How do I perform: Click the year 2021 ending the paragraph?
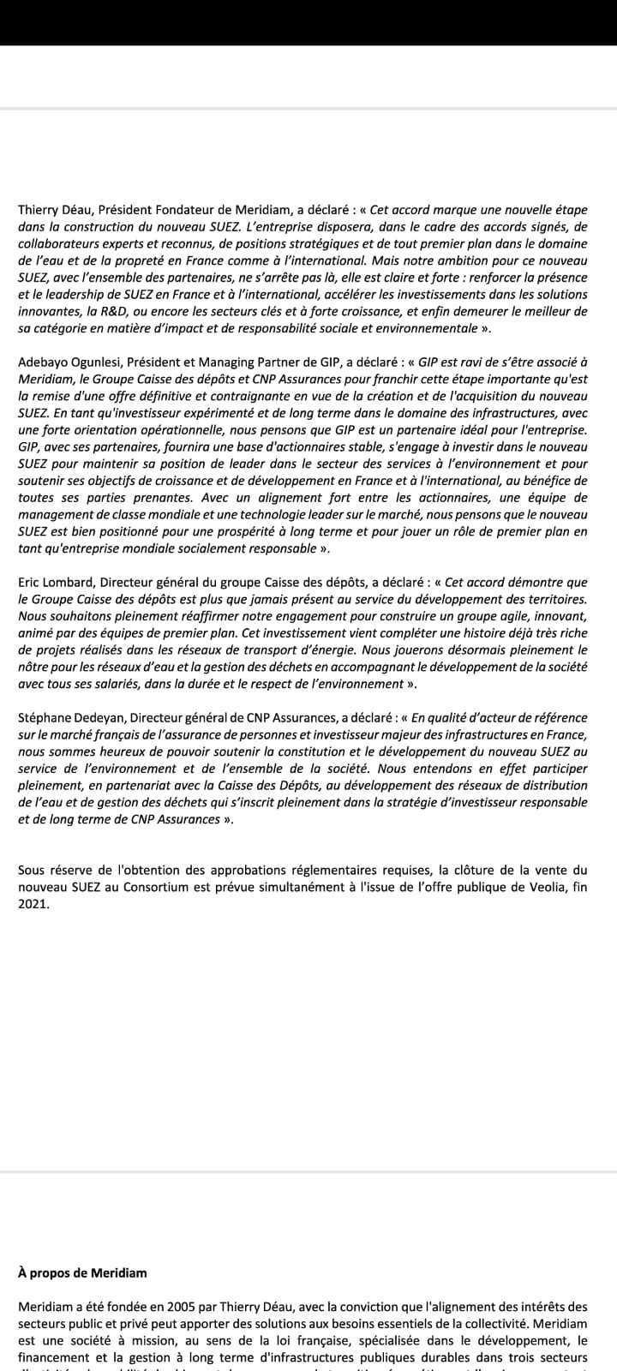tap(33, 904)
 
